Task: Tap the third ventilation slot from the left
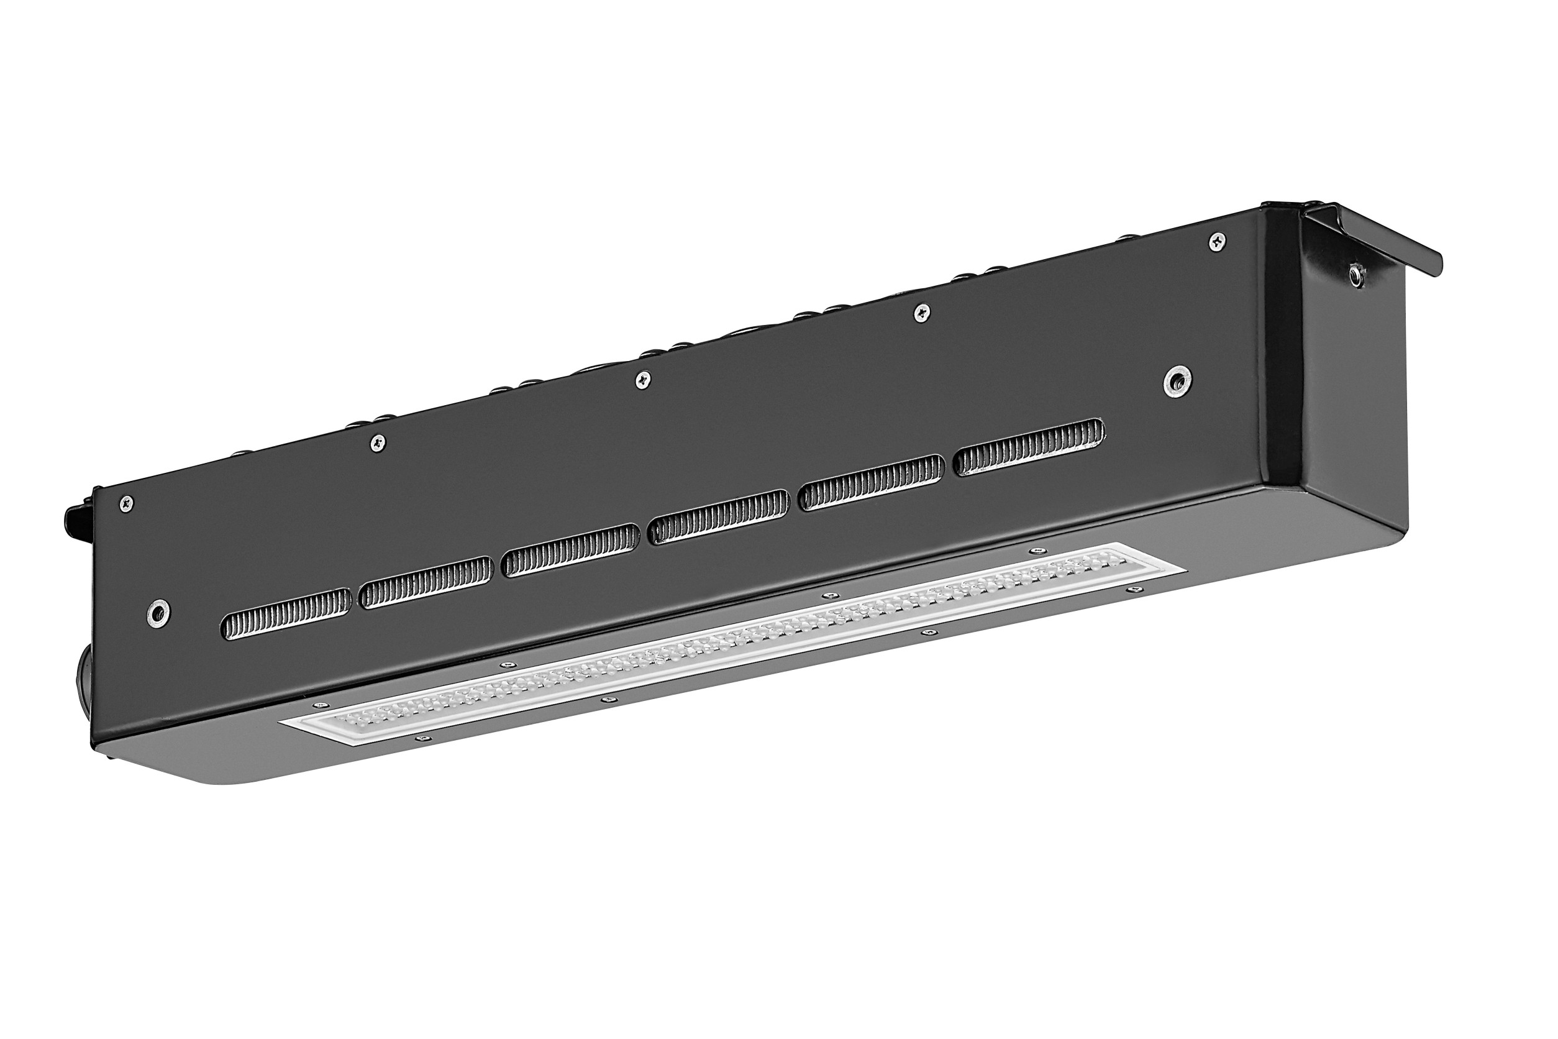coord(571,550)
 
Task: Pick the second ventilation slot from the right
coord(872,482)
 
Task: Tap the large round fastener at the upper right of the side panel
coord(1177,380)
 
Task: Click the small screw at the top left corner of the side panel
coord(126,503)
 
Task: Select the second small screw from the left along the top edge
coord(378,442)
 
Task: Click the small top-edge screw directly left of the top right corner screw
coord(921,313)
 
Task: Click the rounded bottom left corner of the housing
coord(219,782)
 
